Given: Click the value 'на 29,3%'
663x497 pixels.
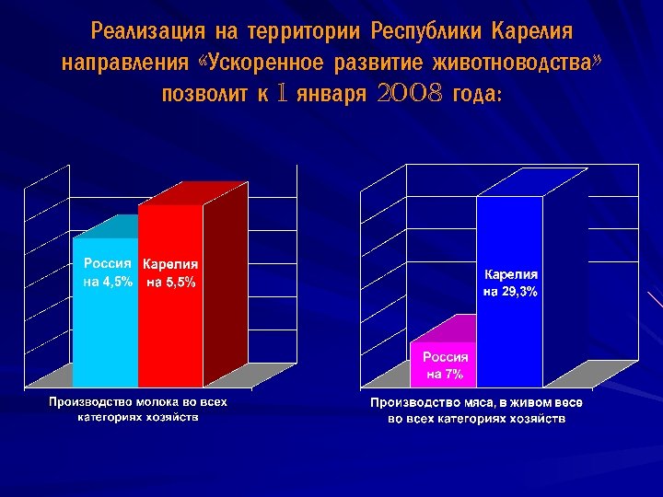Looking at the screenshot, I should point(511,291).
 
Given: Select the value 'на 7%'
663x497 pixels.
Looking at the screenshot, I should point(445,374).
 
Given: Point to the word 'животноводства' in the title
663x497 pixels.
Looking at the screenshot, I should point(523,64).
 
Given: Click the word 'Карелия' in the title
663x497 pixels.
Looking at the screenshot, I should point(532,33).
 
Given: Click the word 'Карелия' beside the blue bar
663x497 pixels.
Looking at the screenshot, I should point(511,274).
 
